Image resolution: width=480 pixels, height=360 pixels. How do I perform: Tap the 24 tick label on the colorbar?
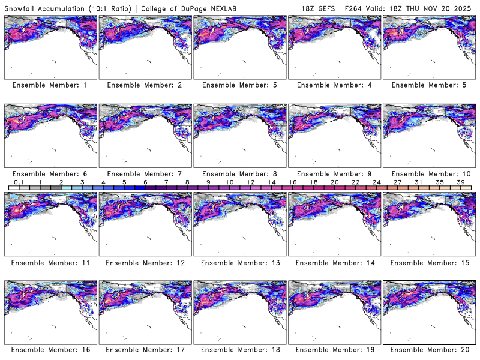click(x=376, y=182)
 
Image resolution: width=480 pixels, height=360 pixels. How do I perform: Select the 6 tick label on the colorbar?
click(x=145, y=182)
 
